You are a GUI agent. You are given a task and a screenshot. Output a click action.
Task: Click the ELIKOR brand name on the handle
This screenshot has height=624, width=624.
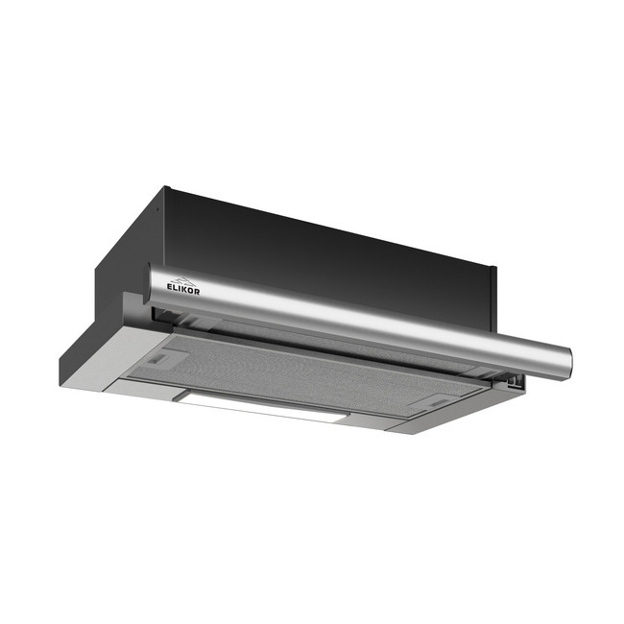pos(183,289)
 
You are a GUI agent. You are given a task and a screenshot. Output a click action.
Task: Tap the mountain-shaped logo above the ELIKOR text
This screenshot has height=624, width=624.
pos(184,280)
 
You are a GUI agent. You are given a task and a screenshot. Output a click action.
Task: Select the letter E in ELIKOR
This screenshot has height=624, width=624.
pos(170,286)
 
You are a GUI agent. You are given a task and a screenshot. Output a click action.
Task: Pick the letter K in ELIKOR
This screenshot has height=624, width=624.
pos(184,289)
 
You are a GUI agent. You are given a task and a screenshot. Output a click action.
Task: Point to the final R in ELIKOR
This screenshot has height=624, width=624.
pos(198,292)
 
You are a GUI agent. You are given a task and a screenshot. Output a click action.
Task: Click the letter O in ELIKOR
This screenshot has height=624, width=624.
pos(191,291)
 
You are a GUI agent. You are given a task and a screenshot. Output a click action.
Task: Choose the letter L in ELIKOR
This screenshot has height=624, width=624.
pos(175,288)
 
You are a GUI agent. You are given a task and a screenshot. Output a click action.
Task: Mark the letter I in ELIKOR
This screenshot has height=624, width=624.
pos(180,289)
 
